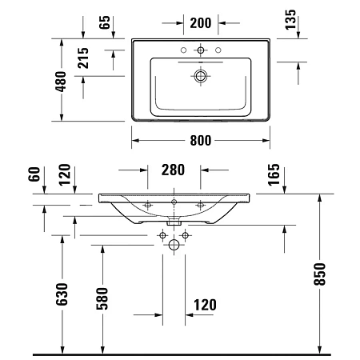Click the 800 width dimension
201,142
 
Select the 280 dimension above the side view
174,170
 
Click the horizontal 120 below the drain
204,304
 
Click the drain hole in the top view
201,77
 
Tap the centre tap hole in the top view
201,50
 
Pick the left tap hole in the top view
184,50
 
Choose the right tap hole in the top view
218,50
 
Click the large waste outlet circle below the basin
174,246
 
